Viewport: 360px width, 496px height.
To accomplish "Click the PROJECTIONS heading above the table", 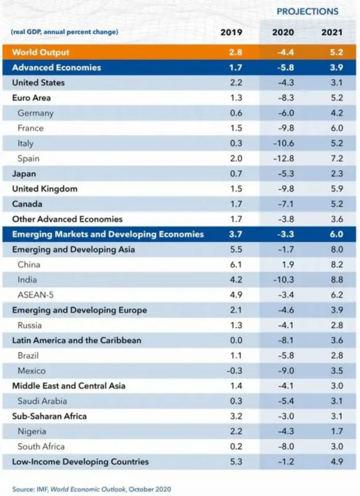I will click(x=307, y=11).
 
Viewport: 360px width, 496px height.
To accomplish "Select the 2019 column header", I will click(x=231, y=32).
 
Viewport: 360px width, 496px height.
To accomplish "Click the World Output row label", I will click(x=41, y=52).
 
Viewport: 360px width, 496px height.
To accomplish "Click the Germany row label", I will click(x=35, y=113).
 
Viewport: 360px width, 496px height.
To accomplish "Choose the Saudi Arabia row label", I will click(x=42, y=401).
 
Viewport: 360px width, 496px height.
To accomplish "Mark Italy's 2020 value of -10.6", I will click(x=283, y=144).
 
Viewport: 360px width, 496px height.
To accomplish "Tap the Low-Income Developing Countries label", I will click(x=80, y=462).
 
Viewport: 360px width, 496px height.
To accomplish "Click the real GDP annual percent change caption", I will click(x=64, y=32).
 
